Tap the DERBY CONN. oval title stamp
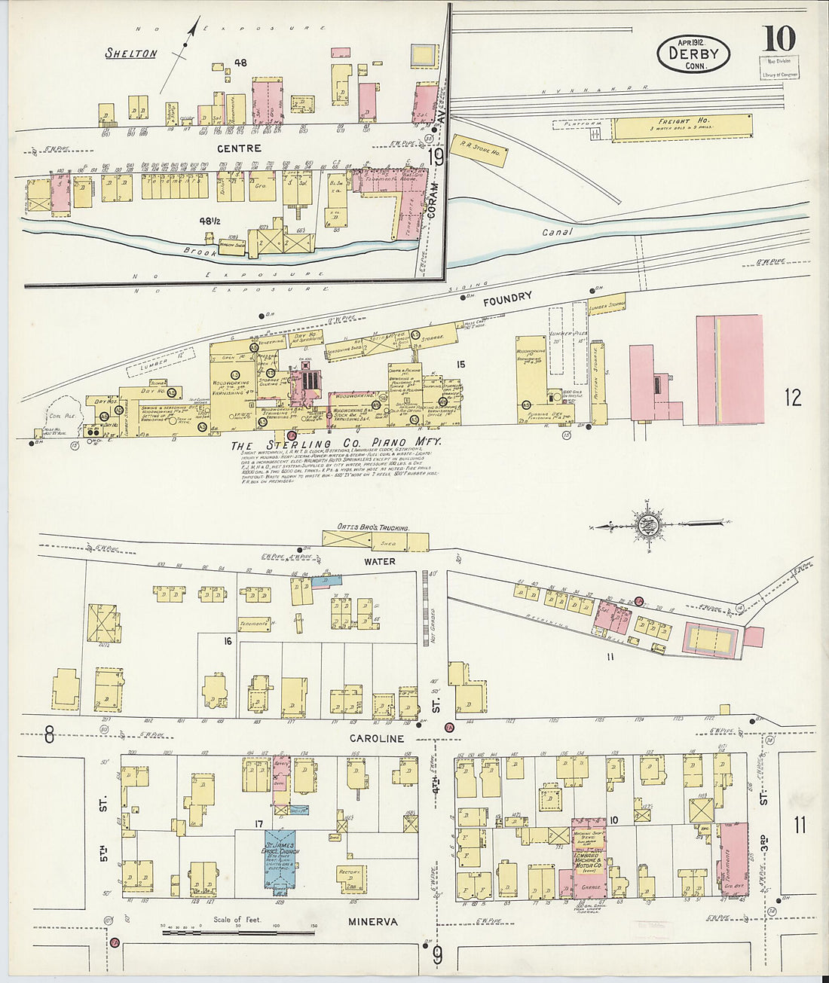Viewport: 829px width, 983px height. [x=693, y=54]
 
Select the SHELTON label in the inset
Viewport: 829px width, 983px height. [x=131, y=53]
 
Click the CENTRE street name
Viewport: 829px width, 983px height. [x=239, y=148]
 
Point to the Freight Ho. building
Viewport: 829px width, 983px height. [x=682, y=127]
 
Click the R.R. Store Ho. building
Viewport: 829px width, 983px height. [x=476, y=151]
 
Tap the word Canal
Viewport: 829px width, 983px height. [x=558, y=233]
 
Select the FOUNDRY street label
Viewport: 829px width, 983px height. [x=507, y=300]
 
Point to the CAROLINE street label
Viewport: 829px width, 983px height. [x=376, y=738]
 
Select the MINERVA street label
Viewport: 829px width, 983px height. [x=373, y=921]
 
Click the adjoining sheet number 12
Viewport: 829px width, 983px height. [x=794, y=397]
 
